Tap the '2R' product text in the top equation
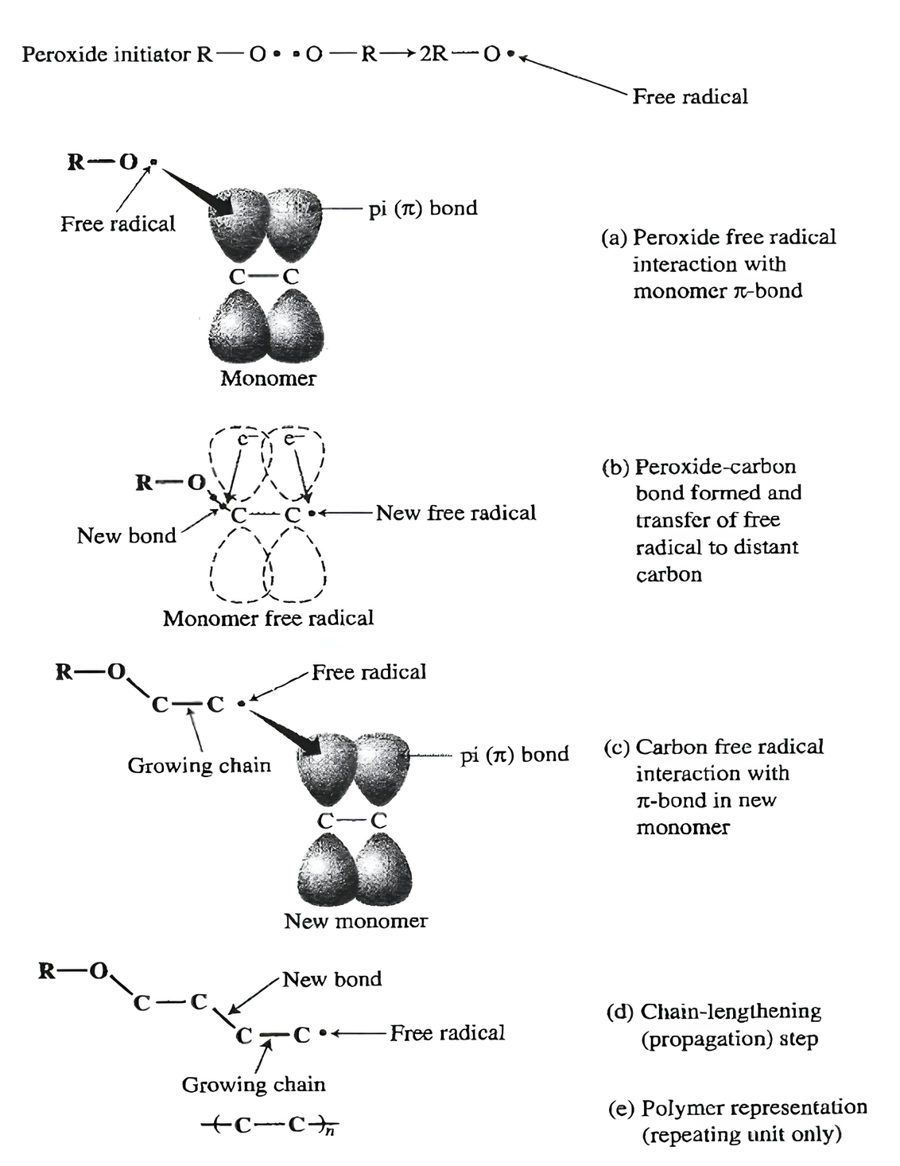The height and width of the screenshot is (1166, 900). point(433,55)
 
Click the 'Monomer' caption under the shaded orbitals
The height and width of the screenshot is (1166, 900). point(268,378)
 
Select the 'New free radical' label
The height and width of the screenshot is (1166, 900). point(456,513)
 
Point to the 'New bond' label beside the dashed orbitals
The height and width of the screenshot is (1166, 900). point(126,536)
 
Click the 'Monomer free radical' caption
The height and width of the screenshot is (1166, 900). point(268,618)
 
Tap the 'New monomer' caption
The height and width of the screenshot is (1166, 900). point(355,921)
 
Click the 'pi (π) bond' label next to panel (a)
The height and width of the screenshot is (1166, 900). point(423,208)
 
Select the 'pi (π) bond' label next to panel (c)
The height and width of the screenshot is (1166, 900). point(514,754)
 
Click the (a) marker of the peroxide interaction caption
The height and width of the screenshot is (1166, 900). point(614,238)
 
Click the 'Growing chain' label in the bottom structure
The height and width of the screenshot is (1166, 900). point(254,1085)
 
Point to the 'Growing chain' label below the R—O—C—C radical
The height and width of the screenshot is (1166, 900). point(199,766)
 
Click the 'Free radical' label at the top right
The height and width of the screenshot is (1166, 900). point(690,97)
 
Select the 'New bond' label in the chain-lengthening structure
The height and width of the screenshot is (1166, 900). point(332,979)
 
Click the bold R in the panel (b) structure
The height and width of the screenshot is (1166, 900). point(144,483)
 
